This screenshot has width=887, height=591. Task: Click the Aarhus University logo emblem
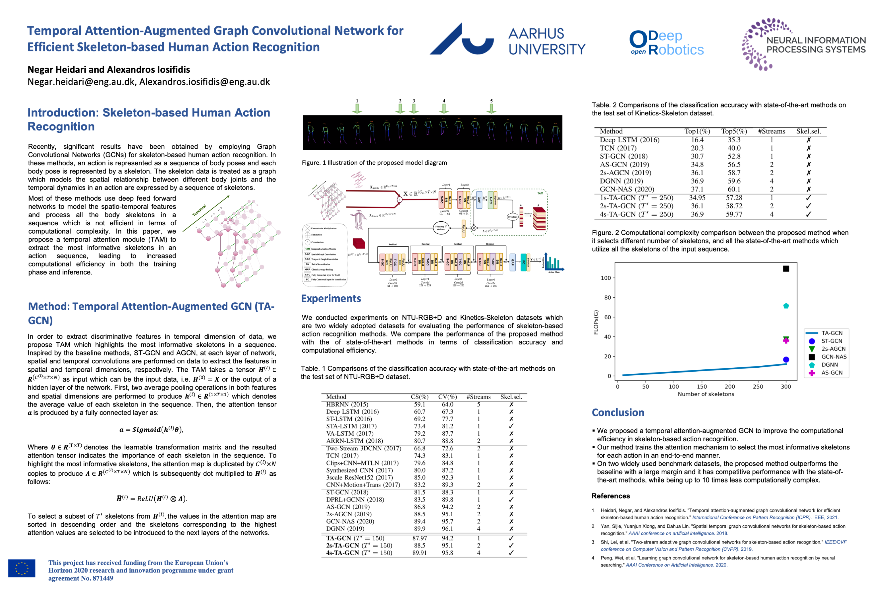[x=462, y=39]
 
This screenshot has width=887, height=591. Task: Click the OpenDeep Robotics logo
[x=666, y=43]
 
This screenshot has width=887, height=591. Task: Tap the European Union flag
[x=22, y=568]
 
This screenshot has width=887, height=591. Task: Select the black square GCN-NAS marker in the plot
[x=786, y=268]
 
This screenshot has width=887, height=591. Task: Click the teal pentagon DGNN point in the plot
[x=786, y=306]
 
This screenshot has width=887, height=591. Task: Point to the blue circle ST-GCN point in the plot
[x=786, y=360]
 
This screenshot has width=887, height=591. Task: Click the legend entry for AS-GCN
[x=832, y=373]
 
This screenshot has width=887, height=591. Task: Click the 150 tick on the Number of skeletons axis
[x=701, y=386]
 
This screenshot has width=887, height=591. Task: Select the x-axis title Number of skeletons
[x=706, y=394]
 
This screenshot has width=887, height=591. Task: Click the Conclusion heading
[x=618, y=412]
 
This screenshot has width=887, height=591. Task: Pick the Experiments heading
[x=331, y=299]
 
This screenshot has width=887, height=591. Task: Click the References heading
[x=611, y=496]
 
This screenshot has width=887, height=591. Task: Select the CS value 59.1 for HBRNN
[x=419, y=404]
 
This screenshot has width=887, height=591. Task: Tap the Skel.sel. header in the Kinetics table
[x=808, y=131]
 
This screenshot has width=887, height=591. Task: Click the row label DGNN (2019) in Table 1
[x=345, y=528]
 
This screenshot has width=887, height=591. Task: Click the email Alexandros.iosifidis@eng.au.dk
[x=204, y=82]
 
